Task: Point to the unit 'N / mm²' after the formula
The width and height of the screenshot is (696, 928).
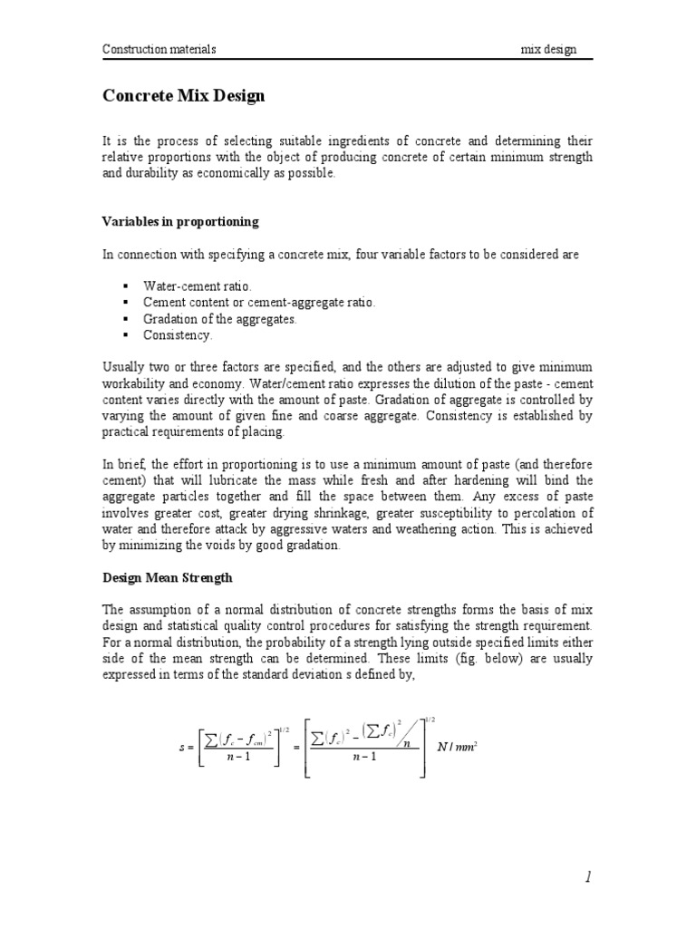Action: click(458, 747)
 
